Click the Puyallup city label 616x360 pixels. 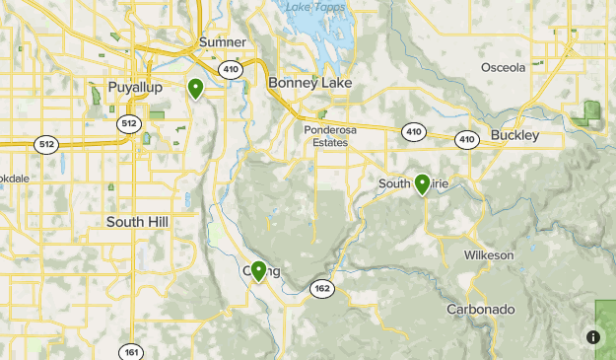(134, 87)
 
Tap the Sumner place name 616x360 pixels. (222, 42)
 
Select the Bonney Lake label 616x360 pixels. (309, 84)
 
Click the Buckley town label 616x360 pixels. (515, 135)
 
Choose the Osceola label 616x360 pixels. (503, 67)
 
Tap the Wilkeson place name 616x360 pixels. (489, 255)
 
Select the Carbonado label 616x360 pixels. (480, 310)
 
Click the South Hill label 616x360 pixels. (137, 222)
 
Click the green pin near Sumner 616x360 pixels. (196, 89)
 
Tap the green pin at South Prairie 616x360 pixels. (422, 183)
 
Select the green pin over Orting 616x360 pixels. (259, 270)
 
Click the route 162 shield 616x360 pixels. (321, 288)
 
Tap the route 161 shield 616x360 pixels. (131, 351)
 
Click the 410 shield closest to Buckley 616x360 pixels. (466, 140)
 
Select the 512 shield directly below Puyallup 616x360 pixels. (128, 123)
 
